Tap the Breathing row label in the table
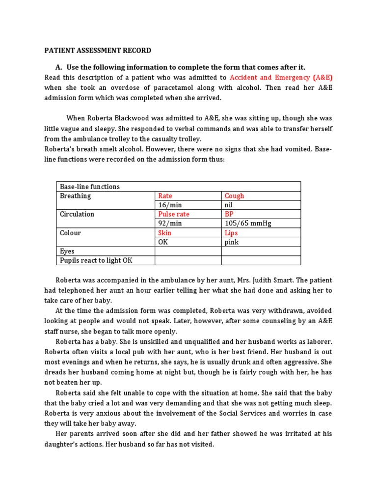click(x=76, y=196)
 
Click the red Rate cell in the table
click(x=165, y=196)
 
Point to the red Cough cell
click(x=234, y=196)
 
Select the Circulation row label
click(x=77, y=214)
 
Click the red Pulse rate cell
click(x=174, y=214)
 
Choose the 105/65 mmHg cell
click(x=248, y=224)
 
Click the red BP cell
click(x=229, y=214)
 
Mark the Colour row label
click(x=71, y=233)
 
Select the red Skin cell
click(x=165, y=233)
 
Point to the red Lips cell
click(x=232, y=233)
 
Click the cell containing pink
click(x=232, y=242)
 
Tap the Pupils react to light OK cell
click(x=96, y=260)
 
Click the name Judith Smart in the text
click(x=272, y=280)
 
